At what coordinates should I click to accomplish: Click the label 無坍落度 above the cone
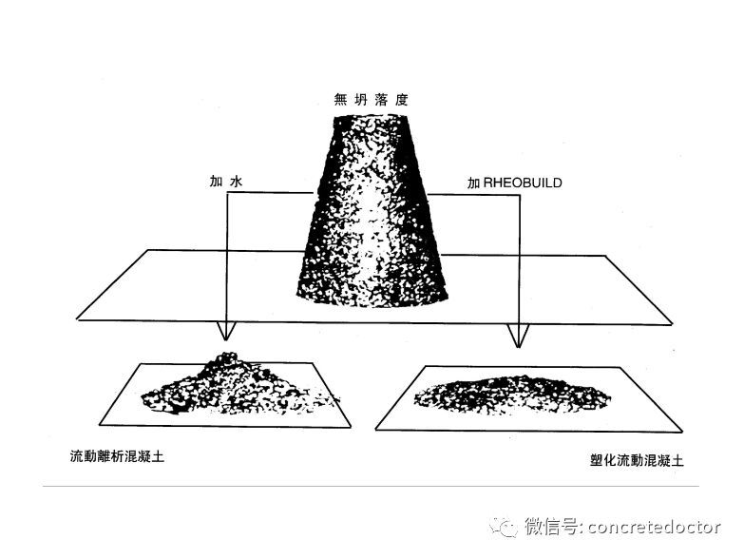coord(372,100)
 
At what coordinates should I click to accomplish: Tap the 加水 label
coord(226,182)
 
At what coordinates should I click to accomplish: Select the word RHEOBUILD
coord(523,183)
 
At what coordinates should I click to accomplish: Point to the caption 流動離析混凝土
coord(117,456)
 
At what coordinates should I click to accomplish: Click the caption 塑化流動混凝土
coord(637,460)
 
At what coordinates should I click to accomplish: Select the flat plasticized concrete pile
coord(512,394)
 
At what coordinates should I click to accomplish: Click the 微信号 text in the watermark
coord(552,527)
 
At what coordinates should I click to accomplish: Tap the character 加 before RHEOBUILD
coord(474,183)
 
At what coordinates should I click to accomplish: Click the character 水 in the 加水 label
coord(236,182)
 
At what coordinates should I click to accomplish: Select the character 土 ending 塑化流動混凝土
coord(677,460)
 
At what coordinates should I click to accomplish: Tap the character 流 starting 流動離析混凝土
coord(76,456)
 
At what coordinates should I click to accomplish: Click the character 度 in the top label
coord(402,100)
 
